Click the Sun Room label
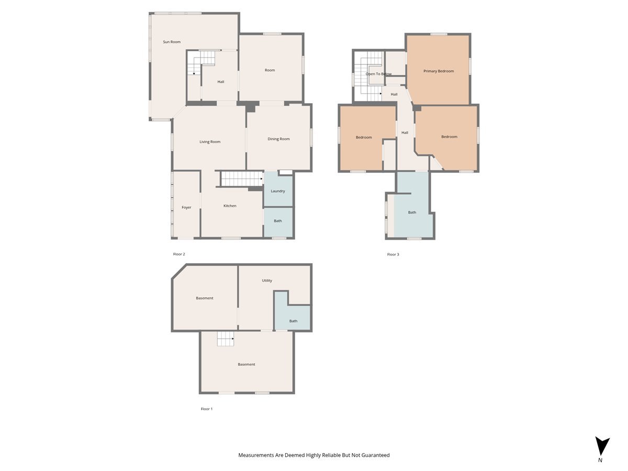click(x=172, y=42)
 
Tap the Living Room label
click(x=210, y=142)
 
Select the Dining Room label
click(x=278, y=139)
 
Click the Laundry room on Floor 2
click(x=278, y=191)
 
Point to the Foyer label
click(x=186, y=208)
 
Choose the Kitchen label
click(x=230, y=206)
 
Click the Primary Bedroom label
click(x=439, y=71)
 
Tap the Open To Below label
click(x=378, y=74)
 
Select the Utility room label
click(x=267, y=281)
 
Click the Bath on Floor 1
click(x=293, y=321)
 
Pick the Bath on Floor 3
click(x=412, y=212)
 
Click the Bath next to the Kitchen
click(x=278, y=221)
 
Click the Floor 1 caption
click(x=207, y=409)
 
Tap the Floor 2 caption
click(x=179, y=254)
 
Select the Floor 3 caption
click(x=393, y=255)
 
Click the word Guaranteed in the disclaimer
click(x=374, y=455)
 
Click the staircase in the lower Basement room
click(x=226, y=339)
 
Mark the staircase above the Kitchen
click(x=241, y=178)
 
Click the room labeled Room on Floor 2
click(x=270, y=70)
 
